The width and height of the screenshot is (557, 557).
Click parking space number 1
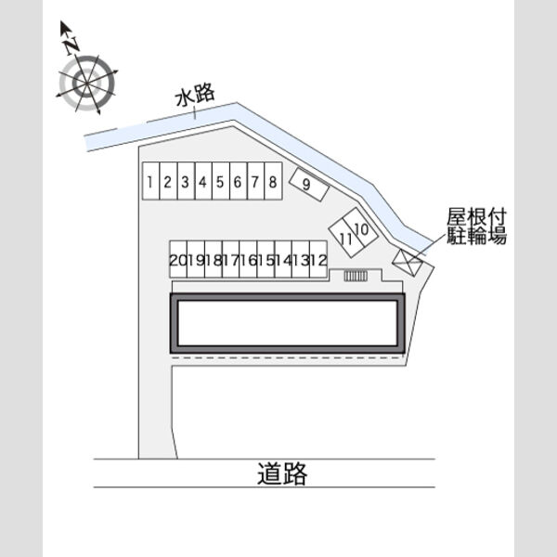pos(150,181)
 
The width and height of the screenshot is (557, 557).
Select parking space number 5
pos(221,181)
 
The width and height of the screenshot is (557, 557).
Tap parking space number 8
pos(274,181)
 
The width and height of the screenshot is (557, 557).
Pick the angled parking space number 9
pos(309,184)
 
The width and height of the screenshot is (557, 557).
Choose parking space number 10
pos(360,227)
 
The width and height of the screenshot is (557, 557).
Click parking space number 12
pos(318,259)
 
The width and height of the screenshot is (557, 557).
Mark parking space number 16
pos(248,259)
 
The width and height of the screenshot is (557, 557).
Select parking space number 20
pos(178,259)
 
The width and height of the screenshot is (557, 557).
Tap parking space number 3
pos(186,181)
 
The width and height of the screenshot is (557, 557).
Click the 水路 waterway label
pos(195,95)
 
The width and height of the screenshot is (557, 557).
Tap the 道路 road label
pos(282,473)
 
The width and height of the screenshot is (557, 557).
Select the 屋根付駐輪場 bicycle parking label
pos(476,227)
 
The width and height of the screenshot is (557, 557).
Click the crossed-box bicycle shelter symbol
pos(408,263)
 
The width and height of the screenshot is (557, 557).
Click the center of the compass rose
pos(86,84)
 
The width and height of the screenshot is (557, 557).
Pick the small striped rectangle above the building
pos(356,276)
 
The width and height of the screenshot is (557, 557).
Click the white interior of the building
pos(288,323)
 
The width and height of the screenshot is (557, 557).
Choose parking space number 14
pos(283,259)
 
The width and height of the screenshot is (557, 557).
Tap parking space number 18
pos(214,259)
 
